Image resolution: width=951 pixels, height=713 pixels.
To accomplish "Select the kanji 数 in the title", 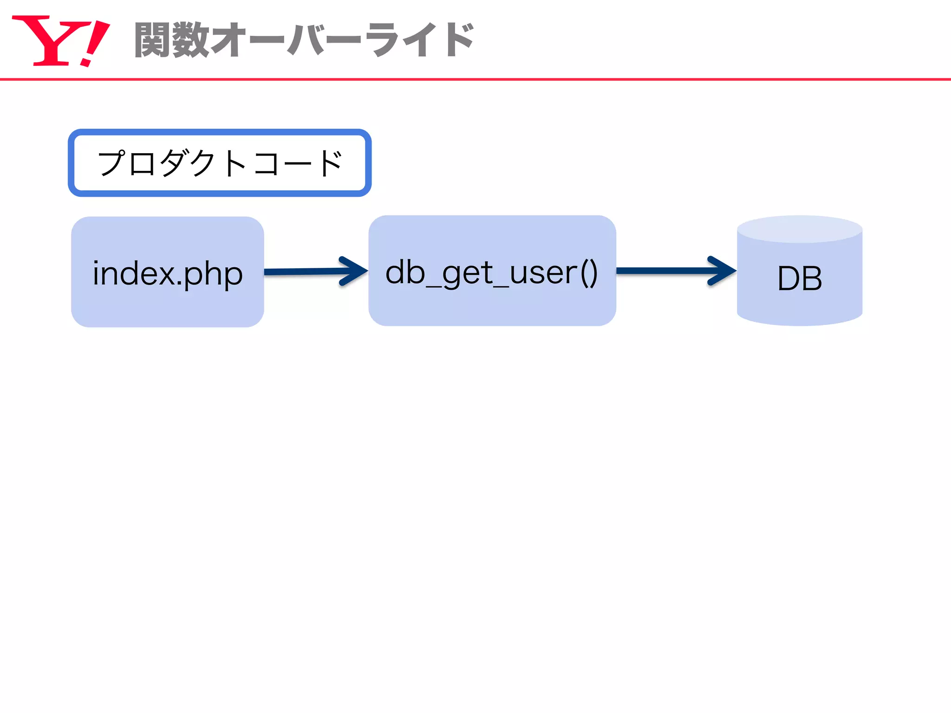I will (190, 40).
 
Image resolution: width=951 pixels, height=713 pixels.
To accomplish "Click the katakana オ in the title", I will (228, 40).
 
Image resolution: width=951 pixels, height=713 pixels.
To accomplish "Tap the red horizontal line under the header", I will (475, 79).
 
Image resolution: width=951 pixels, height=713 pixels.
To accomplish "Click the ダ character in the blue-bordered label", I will (175, 163).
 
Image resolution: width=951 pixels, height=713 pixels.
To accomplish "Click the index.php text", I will (168, 273).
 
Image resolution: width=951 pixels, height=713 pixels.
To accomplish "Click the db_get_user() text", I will (492, 272).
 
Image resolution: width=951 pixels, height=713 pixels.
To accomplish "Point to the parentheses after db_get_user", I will (589, 272).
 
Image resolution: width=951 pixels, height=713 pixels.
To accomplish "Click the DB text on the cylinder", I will (800, 279).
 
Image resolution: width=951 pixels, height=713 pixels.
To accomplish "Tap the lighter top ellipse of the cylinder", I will (800, 229).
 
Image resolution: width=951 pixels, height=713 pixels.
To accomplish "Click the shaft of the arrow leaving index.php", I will (302, 272).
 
